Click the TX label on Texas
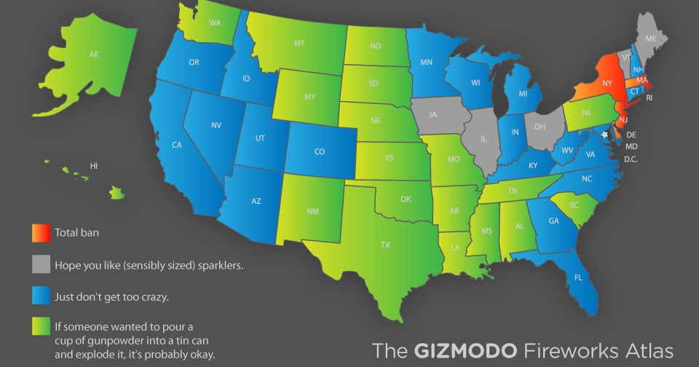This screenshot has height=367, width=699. [x=384, y=245]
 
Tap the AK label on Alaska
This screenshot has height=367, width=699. [x=94, y=55]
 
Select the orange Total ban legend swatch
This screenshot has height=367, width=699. [x=41, y=233]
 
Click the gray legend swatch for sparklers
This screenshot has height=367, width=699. [x=41, y=265]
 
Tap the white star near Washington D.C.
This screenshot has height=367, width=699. [x=604, y=135]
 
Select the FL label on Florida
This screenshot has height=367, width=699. [x=578, y=277]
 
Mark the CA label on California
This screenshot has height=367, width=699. [x=176, y=145]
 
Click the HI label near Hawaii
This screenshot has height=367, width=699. [x=94, y=166]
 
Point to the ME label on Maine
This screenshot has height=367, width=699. [x=650, y=39]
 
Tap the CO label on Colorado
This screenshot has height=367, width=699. [x=319, y=151]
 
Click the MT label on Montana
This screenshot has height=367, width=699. [x=299, y=44]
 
